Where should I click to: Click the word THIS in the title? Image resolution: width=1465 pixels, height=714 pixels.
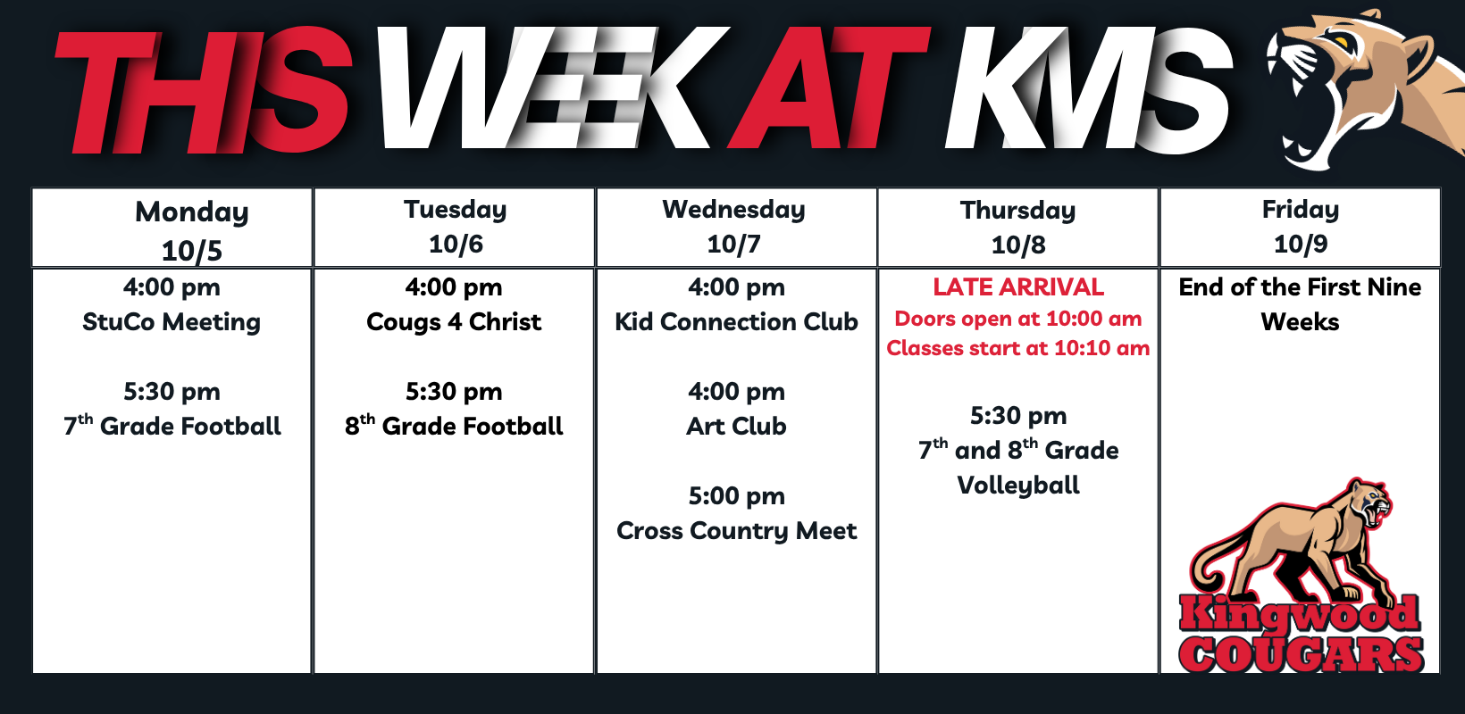pyautogui.click(x=204, y=91)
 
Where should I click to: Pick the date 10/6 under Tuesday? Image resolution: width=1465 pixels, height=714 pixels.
pyautogui.click(x=456, y=245)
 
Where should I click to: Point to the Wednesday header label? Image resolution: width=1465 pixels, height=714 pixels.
pyautogui.click(x=733, y=210)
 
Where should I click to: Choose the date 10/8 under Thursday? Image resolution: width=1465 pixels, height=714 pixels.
pyautogui.click(x=1018, y=245)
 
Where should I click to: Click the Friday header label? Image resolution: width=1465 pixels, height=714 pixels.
pyautogui.click(x=1301, y=210)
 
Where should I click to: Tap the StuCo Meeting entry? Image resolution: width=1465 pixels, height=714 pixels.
pyautogui.click(x=172, y=322)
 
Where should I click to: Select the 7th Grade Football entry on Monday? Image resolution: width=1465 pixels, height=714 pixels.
pyautogui.click(x=172, y=426)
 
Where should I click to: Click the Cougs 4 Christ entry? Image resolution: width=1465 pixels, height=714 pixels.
pyautogui.click(x=454, y=321)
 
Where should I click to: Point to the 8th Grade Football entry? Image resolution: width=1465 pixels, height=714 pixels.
pyautogui.click(x=454, y=426)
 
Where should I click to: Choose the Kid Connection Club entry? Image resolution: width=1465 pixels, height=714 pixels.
pyautogui.click(x=736, y=321)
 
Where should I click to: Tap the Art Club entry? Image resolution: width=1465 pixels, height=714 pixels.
pyautogui.click(x=736, y=426)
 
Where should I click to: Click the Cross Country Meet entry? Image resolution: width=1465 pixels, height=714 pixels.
pyautogui.click(x=736, y=531)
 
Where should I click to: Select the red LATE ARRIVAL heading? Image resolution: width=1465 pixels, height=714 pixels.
pyautogui.click(x=1018, y=286)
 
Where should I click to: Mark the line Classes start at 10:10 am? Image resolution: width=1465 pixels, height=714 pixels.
pyautogui.click(x=1018, y=348)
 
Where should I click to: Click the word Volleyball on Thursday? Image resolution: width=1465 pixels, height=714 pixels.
pyautogui.click(x=1018, y=486)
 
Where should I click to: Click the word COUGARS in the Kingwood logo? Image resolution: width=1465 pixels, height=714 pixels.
pyautogui.click(x=1301, y=653)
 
